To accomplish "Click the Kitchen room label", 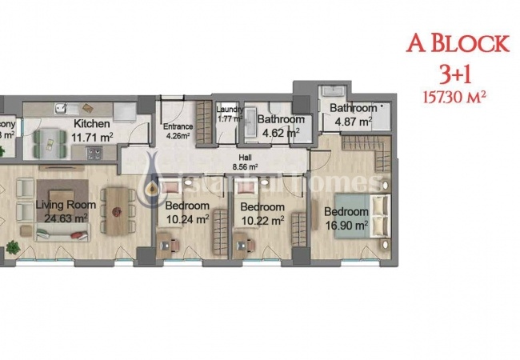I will click(x=91, y=125).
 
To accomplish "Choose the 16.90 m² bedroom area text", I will click(x=346, y=225).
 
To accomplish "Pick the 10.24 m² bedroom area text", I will click(x=187, y=217).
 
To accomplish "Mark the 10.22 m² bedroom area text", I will click(x=262, y=218).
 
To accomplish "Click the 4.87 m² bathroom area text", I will click(x=353, y=122).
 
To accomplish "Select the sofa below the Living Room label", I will click(x=62, y=233).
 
